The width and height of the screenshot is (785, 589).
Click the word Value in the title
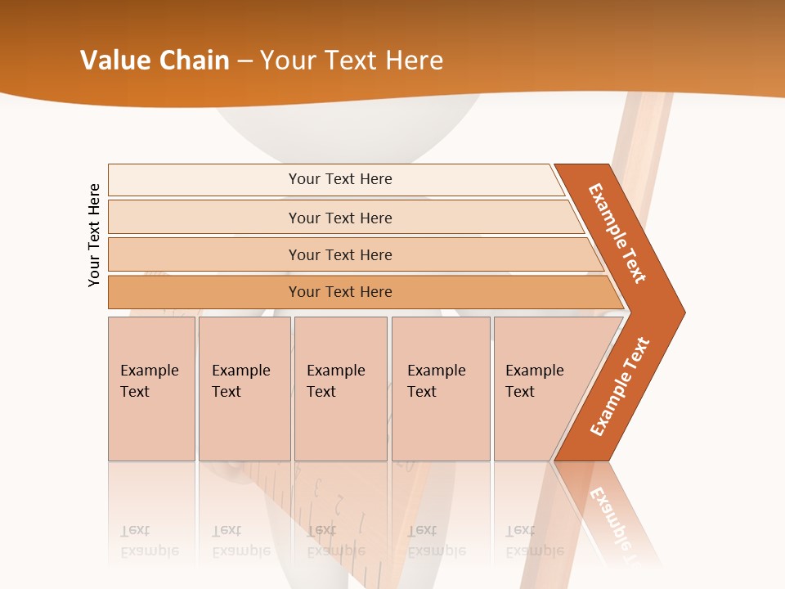point(113,61)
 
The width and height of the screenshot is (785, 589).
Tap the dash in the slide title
point(244,61)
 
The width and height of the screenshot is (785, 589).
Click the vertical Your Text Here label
point(94,235)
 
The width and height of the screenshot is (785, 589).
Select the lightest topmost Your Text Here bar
point(339,179)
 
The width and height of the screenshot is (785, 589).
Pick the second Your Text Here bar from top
point(339,218)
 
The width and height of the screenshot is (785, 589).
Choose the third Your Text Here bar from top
point(339,254)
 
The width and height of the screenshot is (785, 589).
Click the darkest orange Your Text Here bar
point(339,292)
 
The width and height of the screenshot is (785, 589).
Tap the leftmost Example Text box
point(151,389)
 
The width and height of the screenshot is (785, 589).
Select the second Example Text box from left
point(244,389)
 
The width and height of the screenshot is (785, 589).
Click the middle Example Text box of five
point(340,389)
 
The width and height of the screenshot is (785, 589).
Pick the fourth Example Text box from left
point(441,389)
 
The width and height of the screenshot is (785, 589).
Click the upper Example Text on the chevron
point(617,233)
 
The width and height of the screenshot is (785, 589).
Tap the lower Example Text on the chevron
point(619,386)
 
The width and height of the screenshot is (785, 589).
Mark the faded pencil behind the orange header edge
point(645,123)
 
